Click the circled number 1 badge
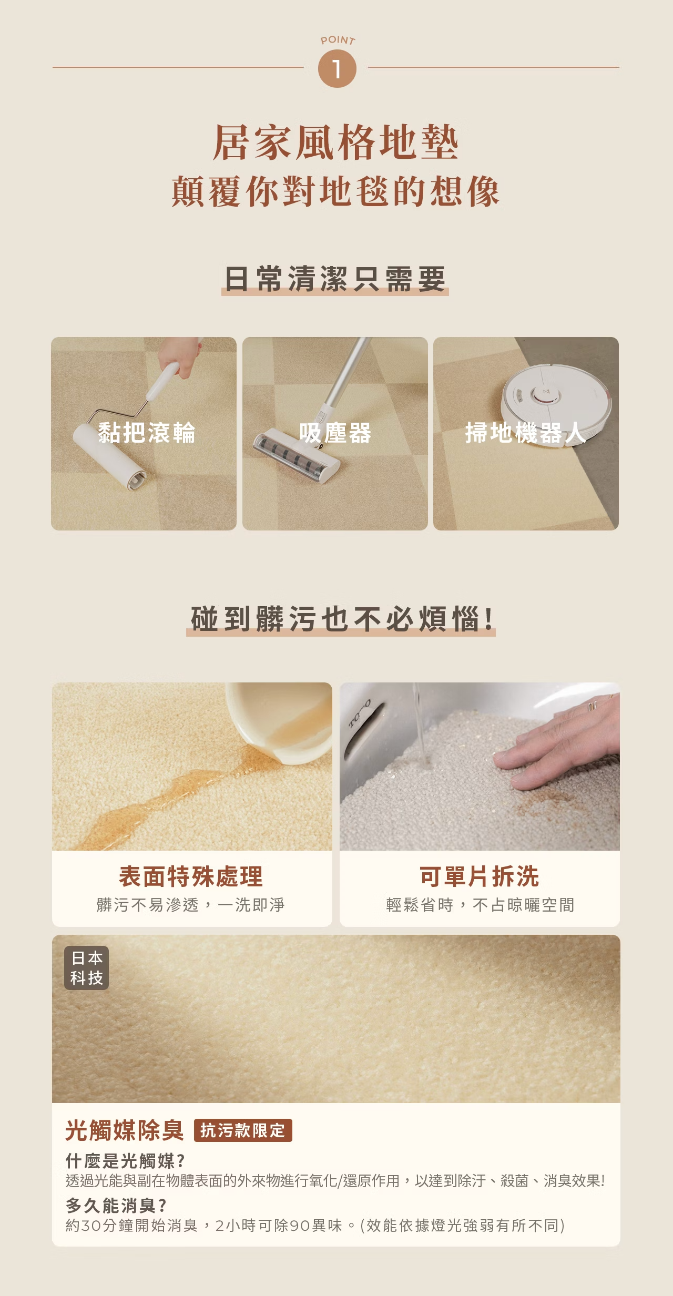tap(337, 68)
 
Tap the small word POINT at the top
tap(338, 40)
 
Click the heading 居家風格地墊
tap(336, 142)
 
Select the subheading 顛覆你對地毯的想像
tap(335, 191)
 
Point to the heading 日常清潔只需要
tap(335, 279)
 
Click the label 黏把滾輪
tap(146, 433)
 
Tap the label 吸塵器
tap(335, 433)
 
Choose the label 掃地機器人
tap(525, 433)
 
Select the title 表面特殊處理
tap(191, 876)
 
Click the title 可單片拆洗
tap(479, 876)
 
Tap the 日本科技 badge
tap(87, 968)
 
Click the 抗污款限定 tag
tap(243, 1130)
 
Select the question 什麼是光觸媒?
tap(125, 1160)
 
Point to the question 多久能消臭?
tap(116, 1205)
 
